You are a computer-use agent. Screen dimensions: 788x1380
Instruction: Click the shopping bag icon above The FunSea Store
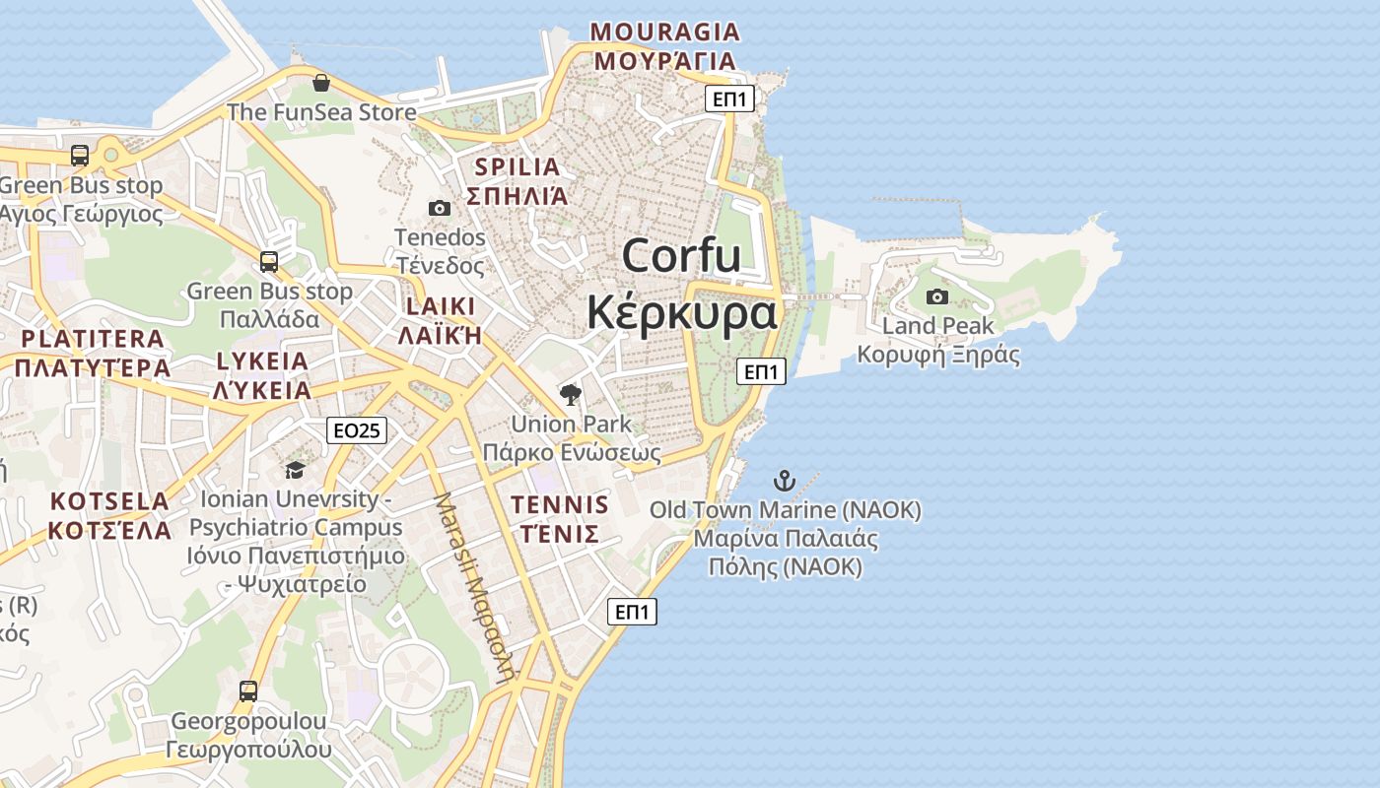(320, 83)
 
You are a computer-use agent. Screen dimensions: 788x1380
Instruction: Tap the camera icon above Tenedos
(440, 208)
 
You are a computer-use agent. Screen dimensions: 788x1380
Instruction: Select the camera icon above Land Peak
(936, 296)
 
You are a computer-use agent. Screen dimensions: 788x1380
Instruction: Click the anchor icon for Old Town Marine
(784, 481)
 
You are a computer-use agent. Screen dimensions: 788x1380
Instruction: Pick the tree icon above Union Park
(570, 395)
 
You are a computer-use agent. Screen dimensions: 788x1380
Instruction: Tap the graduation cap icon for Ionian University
(295, 470)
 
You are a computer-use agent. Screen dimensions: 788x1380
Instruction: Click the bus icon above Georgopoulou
(248, 691)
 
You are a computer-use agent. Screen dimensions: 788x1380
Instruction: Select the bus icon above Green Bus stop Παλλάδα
(268, 262)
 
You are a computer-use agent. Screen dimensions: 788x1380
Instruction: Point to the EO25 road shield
(357, 430)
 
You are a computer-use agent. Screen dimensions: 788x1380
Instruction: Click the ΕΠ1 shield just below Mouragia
(730, 98)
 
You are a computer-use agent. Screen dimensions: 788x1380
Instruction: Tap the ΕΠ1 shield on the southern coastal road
(632, 612)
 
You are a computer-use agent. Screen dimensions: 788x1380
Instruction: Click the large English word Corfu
(681, 256)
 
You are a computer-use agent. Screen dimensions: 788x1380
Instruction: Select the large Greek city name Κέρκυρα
(681, 313)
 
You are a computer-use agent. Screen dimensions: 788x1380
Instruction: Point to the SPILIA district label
(517, 166)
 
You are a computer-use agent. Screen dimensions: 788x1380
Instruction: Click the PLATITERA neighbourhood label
(93, 339)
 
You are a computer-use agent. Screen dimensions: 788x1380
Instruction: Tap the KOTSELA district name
(109, 501)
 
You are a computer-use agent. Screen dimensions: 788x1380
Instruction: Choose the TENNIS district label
(560, 505)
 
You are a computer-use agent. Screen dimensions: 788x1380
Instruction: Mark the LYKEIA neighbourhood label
(262, 361)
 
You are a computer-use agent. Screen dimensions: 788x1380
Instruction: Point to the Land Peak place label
(937, 326)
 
